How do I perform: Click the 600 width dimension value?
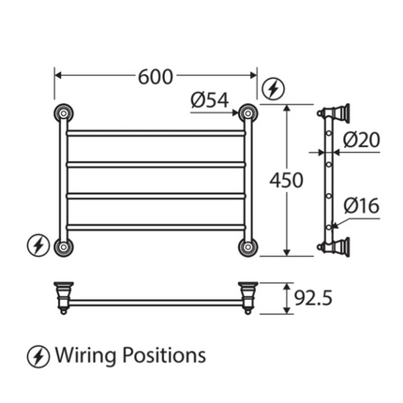155,78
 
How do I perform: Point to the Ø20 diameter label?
361,141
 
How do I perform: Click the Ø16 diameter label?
361,205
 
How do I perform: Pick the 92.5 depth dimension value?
314,298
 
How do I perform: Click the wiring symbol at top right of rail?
271,90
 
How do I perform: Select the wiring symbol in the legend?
37,356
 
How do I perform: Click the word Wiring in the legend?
86,356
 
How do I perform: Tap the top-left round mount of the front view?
62,114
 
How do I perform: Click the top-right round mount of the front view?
248,114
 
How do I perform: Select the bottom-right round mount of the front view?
248,247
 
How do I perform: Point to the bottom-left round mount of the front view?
62,247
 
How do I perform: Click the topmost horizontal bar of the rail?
155,132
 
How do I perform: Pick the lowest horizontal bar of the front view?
155,226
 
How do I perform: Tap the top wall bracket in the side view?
330,114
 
